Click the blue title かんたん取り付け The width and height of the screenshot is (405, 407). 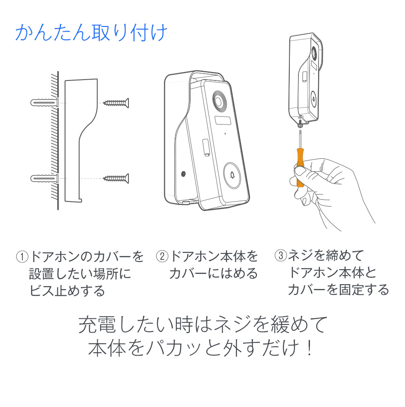pos(90,33)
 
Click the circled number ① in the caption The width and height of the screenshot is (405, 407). pos(22,257)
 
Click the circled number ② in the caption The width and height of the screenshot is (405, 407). pos(162,257)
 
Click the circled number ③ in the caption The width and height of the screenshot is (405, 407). pos(280,256)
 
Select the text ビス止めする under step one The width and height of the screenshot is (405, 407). pos(67,291)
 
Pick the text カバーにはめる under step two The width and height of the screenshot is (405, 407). pos(213,273)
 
